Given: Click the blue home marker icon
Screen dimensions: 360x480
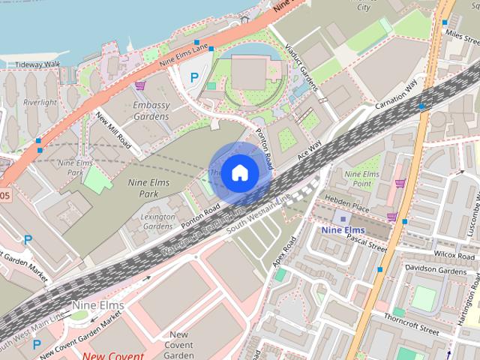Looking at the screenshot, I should (238, 172).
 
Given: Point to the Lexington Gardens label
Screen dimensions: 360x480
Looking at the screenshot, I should (158, 220).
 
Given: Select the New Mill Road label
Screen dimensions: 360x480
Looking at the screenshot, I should (114, 130).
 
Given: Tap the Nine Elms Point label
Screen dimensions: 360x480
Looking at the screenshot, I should (358, 178).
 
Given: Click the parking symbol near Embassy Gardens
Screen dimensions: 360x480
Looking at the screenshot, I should (194, 76).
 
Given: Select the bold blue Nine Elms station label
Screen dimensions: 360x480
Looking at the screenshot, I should (342, 230).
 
